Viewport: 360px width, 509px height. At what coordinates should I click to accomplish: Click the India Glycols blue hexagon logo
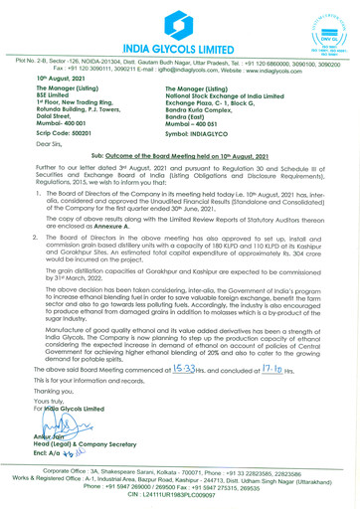pyautogui.click(x=179, y=20)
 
